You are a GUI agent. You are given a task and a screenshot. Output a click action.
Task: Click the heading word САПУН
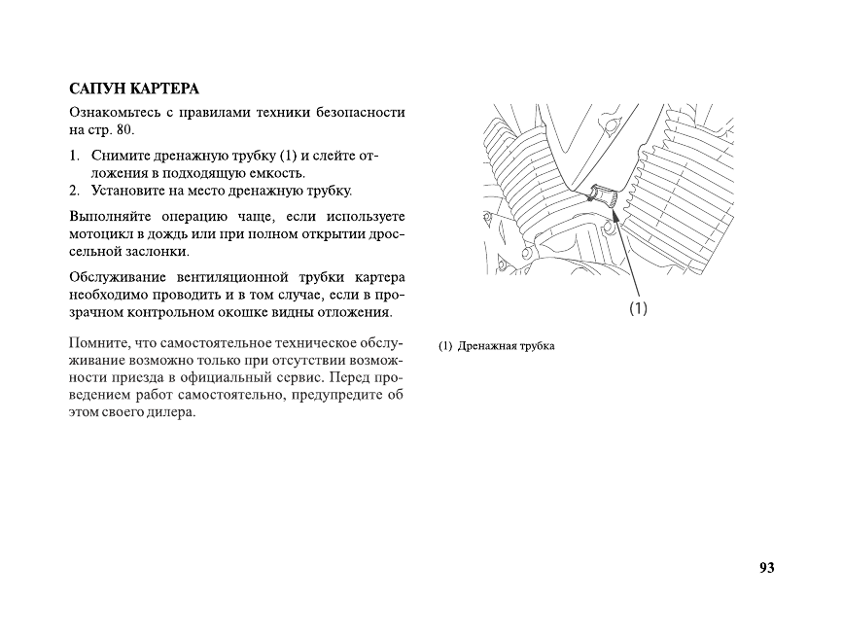coord(96,89)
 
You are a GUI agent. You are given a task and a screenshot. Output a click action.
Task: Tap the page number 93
coord(766,568)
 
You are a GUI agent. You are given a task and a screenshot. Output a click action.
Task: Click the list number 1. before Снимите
coord(75,156)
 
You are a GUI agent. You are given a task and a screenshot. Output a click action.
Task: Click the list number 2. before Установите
coord(75,190)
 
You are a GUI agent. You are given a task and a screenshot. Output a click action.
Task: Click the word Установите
coord(129,190)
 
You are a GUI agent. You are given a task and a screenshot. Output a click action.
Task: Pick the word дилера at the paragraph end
coord(174,412)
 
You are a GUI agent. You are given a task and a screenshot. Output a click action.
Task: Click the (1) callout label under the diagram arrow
coord(638,308)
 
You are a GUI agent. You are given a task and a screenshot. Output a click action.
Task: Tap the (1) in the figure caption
coord(445,346)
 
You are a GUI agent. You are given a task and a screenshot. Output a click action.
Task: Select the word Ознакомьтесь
coord(114,112)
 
